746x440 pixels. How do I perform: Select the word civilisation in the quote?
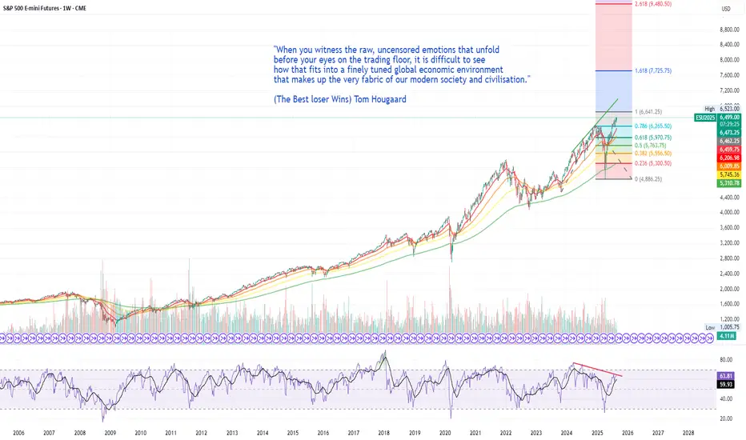pos(502,79)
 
